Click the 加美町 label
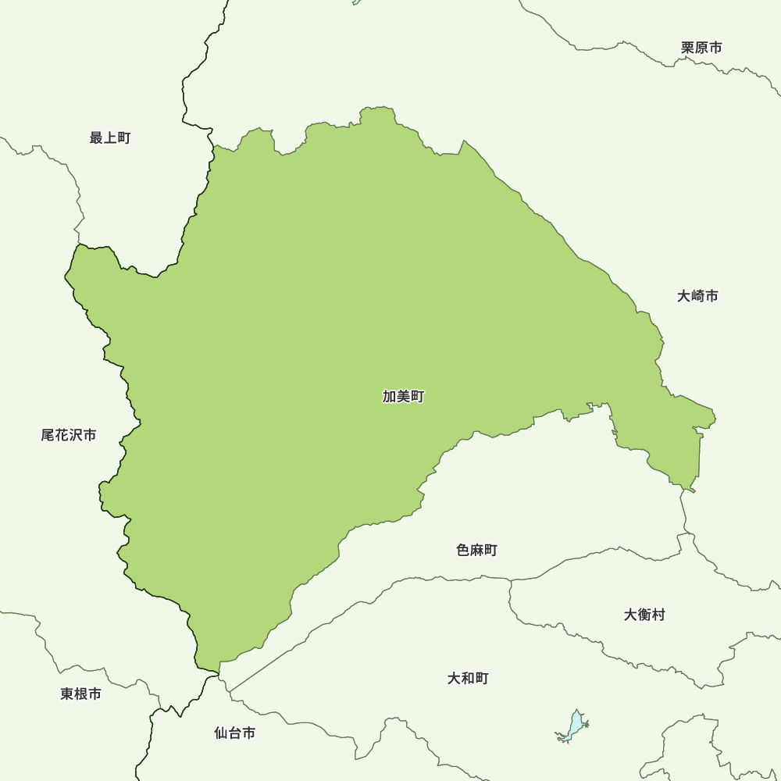click(x=403, y=397)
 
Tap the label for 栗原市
click(x=701, y=48)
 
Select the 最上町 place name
click(x=110, y=138)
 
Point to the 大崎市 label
click(x=697, y=296)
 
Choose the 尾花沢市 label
click(x=69, y=435)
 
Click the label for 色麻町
click(x=476, y=551)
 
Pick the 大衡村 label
click(x=644, y=615)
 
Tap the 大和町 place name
click(x=468, y=678)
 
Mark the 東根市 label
click(x=80, y=694)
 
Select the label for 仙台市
click(x=234, y=733)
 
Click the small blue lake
click(x=575, y=726)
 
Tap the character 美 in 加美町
click(x=403, y=397)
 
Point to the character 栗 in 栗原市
click(x=688, y=48)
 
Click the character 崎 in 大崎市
click(x=697, y=296)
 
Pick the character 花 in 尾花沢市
click(x=62, y=435)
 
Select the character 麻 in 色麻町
click(x=476, y=551)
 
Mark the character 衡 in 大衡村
click(x=644, y=615)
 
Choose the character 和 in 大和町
click(x=468, y=678)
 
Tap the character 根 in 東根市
click(x=80, y=694)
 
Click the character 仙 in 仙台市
click(x=221, y=733)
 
